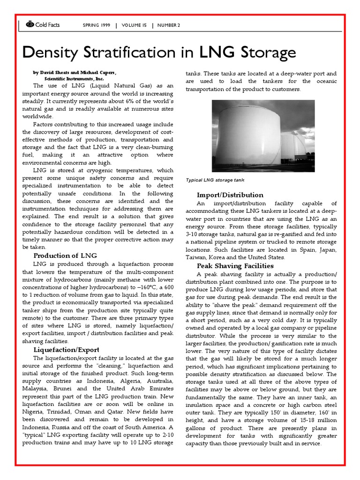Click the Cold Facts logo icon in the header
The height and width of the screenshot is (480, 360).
[30, 25]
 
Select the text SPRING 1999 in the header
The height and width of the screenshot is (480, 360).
[97, 25]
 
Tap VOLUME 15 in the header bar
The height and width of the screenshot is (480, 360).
[134, 25]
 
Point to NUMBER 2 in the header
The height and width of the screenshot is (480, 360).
[169, 25]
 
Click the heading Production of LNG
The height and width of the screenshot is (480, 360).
[65, 255]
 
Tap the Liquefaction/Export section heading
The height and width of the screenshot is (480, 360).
[66, 350]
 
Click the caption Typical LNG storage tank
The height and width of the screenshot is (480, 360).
[215, 180]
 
